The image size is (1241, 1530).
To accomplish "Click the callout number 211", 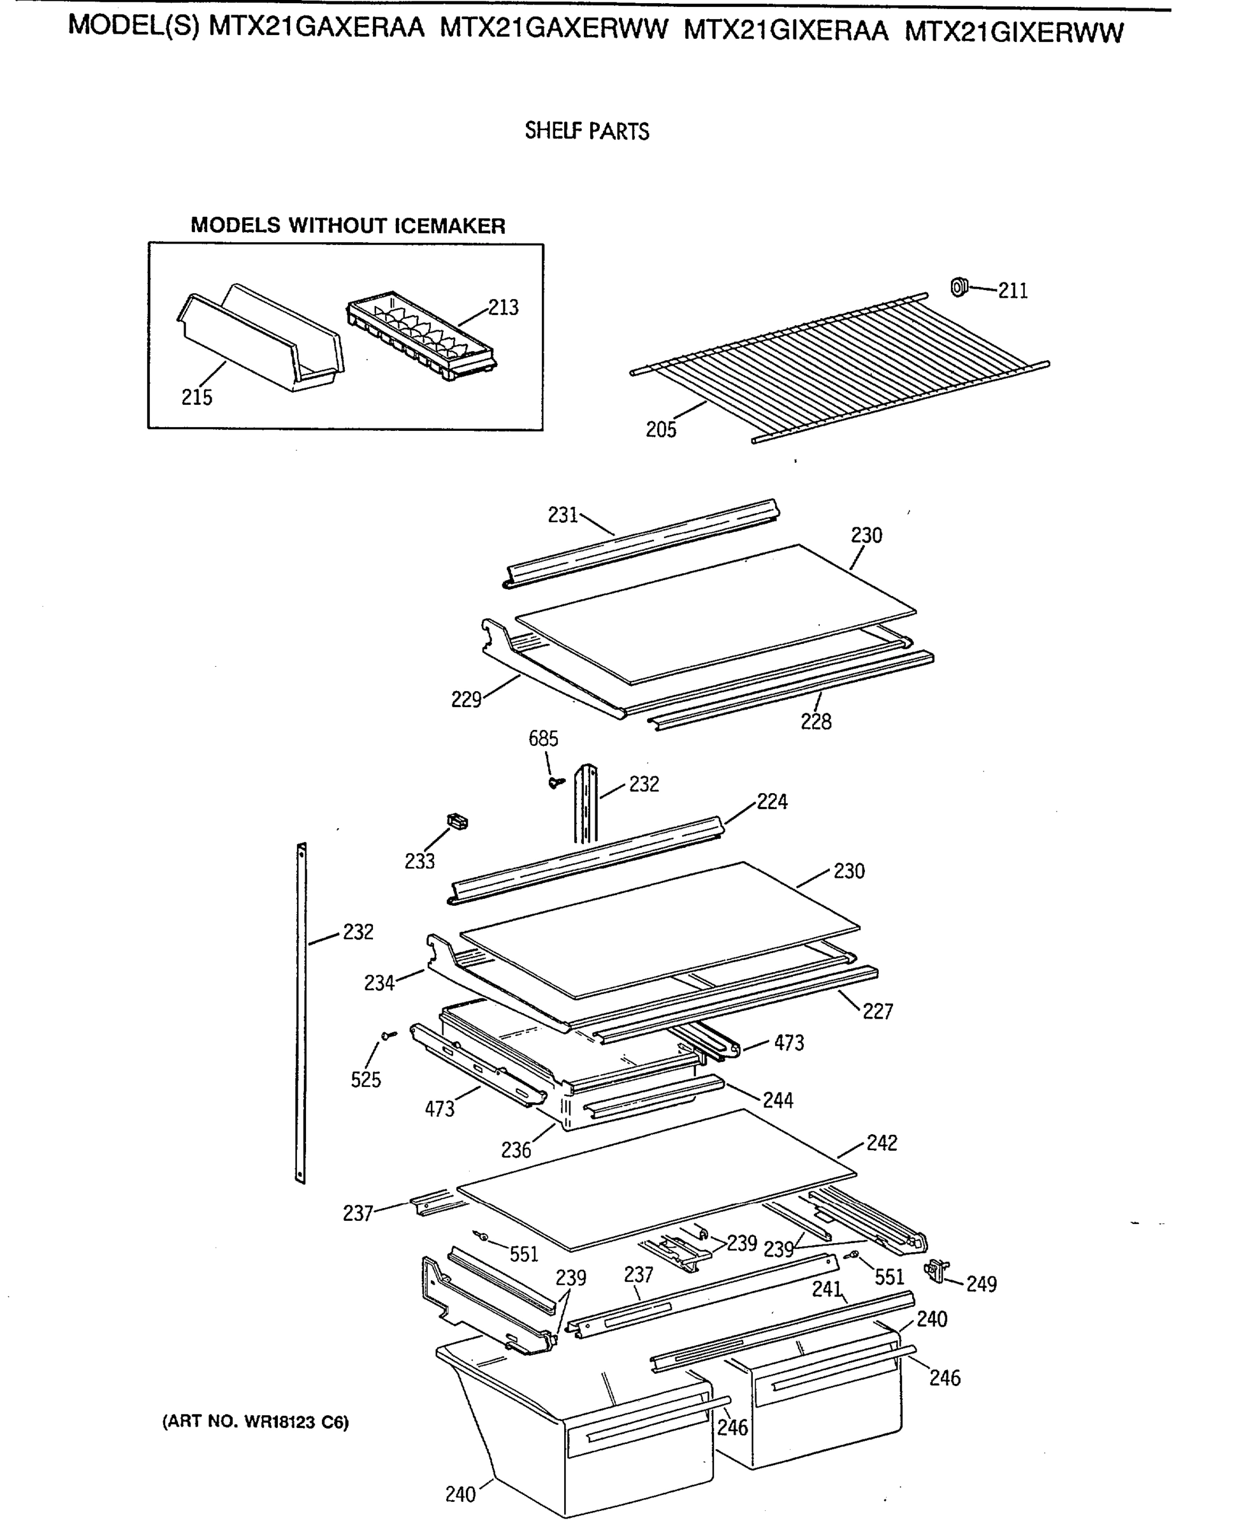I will [1012, 291].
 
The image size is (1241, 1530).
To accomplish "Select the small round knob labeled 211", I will [959, 287].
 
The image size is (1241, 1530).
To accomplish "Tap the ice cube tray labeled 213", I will [422, 334].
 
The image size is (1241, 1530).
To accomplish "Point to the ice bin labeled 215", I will [261, 336].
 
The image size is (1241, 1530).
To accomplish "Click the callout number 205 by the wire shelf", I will [660, 430].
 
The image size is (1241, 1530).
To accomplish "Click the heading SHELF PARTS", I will [587, 131].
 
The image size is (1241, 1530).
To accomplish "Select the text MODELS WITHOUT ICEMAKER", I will [347, 226].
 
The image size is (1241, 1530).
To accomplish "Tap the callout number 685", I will [543, 739].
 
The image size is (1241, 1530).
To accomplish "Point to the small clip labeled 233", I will [458, 822].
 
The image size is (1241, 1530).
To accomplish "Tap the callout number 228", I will [816, 722].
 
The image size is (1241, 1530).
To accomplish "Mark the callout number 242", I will [882, 1143].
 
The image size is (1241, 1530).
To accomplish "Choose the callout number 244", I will [778, 1100].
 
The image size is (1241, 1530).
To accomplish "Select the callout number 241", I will [827, 1290].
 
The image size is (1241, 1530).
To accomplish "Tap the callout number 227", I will [877, 1012].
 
